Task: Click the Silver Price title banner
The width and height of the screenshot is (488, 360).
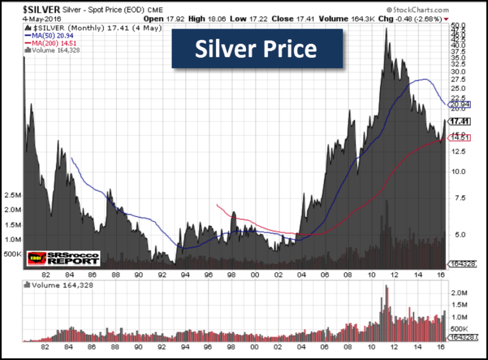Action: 257,49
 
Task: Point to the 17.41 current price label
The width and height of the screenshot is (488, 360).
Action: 459,121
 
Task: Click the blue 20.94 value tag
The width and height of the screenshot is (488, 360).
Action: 458,104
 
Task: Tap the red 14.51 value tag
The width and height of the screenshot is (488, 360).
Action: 458,137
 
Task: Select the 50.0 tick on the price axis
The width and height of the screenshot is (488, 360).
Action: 457,26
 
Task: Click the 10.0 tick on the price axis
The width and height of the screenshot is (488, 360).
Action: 457,171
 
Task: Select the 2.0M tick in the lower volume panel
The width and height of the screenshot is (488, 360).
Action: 461,294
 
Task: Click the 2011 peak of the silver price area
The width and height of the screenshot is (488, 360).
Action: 387,29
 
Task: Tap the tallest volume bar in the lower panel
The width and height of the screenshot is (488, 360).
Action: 386,287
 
